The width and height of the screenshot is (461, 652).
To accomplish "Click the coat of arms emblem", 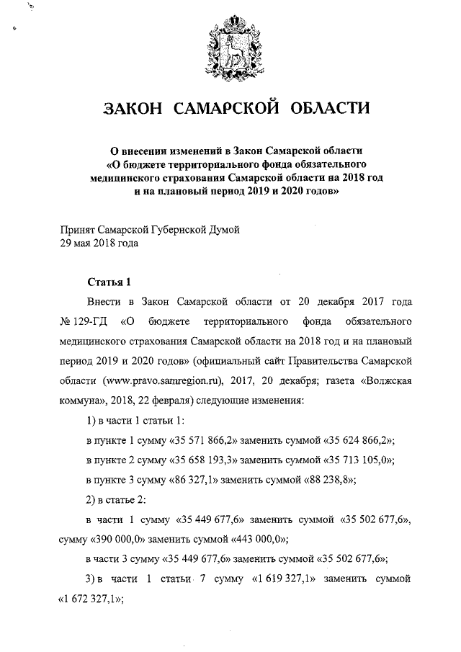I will pyautogui.click(x=230, y=45).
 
